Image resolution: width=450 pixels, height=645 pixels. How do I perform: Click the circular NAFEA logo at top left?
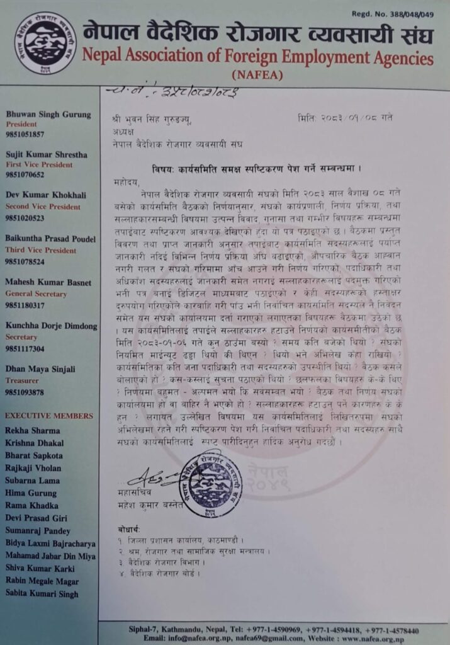coord(45,43)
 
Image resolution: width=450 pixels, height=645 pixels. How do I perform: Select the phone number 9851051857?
coord(25,134)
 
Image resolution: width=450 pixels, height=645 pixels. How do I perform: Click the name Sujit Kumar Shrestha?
coord(47,154)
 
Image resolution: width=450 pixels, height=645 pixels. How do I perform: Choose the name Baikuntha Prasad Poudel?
coord(50,239)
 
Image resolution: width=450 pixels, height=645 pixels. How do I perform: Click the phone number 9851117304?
coord(25,348)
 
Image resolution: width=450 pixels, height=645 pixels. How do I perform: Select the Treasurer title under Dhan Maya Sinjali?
coord(23,381)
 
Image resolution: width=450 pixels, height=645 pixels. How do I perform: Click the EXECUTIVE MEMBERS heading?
coord(48,416)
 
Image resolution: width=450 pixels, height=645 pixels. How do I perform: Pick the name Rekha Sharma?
coord(32,430)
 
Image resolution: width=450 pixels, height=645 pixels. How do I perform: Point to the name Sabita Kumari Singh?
coord(42,593)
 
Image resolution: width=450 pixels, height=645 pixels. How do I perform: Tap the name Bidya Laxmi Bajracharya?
coord(50,543)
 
